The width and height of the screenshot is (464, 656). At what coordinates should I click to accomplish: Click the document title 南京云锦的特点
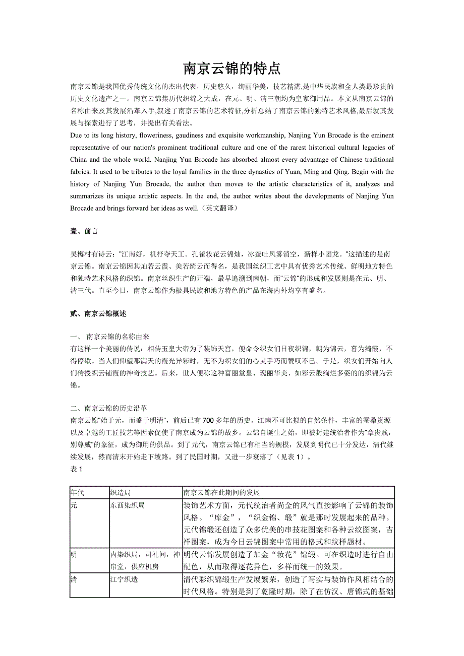pos(231,69)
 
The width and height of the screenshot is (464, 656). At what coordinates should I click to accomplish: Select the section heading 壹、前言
pos(84,231)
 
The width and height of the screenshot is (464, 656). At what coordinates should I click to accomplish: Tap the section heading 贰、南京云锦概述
pos(98,313)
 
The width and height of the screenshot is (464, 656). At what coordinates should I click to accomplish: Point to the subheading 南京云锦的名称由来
pos(118,337)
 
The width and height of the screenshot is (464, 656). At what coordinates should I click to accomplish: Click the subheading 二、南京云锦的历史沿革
pos(108,408)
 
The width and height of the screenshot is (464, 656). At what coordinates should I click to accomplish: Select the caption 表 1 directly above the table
pos(76,469)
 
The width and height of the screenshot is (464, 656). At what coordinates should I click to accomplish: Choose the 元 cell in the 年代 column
pos(74,505)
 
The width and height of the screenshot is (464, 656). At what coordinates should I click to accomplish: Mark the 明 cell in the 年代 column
pos(74,555)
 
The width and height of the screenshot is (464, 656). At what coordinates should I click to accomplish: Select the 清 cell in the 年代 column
pos(74,579)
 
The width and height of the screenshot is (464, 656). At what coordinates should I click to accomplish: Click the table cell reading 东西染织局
pos(127,505)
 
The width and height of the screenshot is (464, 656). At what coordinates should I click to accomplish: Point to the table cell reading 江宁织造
pos(124,579)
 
